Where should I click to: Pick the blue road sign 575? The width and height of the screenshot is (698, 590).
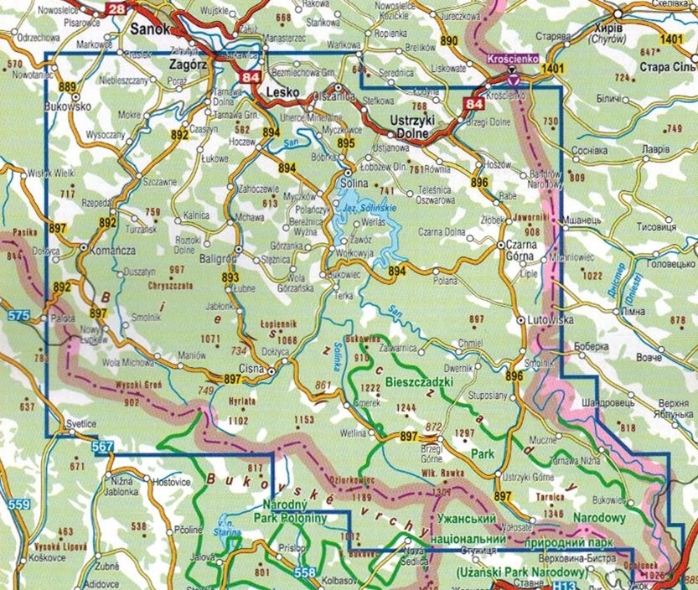coord(21,316)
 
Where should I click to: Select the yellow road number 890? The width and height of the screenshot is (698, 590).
coord(450,40)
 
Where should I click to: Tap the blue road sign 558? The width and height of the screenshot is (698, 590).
coord(307,572)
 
